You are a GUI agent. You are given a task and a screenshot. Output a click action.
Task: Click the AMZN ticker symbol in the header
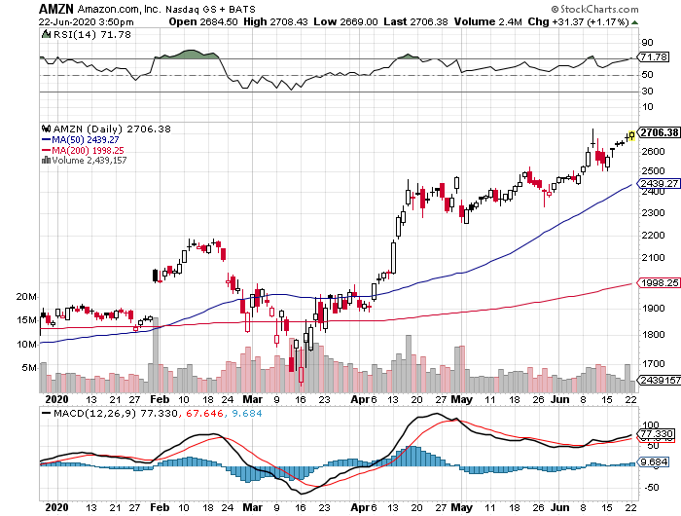pyautogui.click(x=56, y=8)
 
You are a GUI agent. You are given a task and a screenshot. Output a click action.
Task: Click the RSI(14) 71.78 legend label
pyautogui.click(x=78, y=34)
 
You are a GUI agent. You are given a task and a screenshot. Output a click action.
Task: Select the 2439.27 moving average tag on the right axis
pyautogui.click(x=659, y=183)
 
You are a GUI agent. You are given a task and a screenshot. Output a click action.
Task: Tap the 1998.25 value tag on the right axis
pyautogui.click(x=659, y=282)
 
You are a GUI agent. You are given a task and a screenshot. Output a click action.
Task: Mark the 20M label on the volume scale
pyautogui.click(x=25, y=296)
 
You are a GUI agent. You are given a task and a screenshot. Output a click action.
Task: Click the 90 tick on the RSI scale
pyautogui.click(x=645, y=42)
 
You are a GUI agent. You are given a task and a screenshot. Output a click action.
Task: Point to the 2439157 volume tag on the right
pyautogui.click(x=659, y=380)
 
